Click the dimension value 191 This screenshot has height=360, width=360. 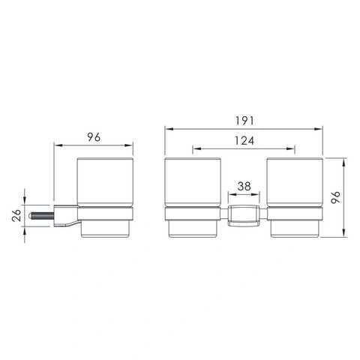pos(244,121)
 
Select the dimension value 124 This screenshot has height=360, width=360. pos(244,141)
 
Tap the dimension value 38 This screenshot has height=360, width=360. pos(244,186)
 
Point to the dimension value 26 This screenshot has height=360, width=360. pos(16,215)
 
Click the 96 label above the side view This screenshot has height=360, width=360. pos(94,137)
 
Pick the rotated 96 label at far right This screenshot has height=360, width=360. pos(336,197)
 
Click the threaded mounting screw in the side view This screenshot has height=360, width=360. pos(42,216)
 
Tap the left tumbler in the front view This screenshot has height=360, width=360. pos(193,197)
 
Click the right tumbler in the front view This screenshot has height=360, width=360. pos(295,197)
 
